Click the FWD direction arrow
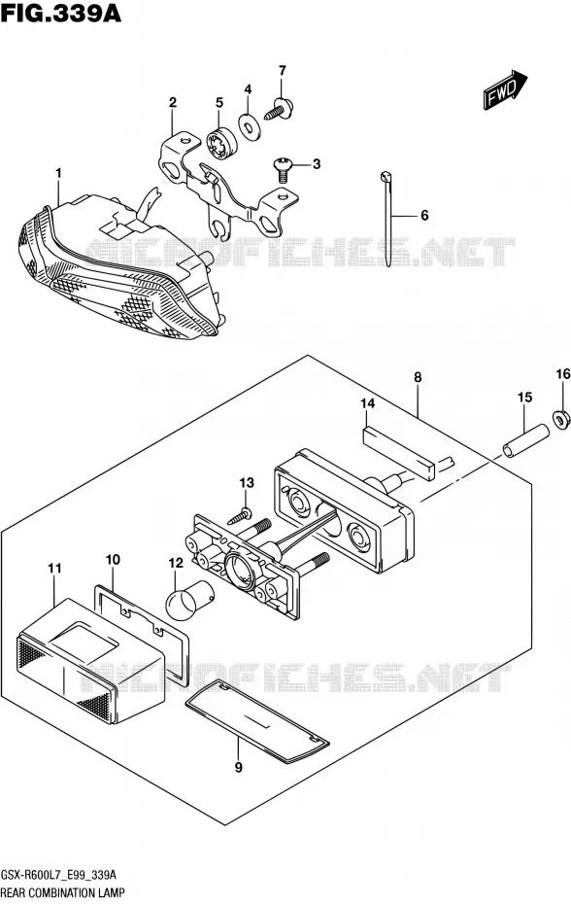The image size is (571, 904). coord(505,89)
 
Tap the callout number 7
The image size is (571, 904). coord(282,71)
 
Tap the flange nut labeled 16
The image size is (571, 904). coord(561,419)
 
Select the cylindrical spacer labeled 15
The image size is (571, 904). coord(525,440)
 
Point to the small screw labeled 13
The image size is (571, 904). coord(242,515)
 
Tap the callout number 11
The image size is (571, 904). coord(54,569)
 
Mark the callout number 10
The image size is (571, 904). coord(113,559)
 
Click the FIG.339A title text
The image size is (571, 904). coord(61,13)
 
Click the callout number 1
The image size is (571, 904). coord(59,173)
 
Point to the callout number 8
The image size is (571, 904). coord(418,377)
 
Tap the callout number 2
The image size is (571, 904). coord(172,103)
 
